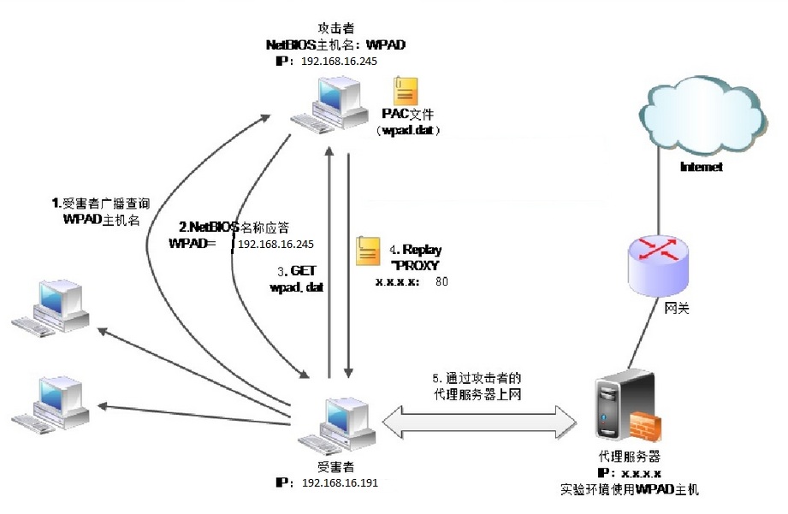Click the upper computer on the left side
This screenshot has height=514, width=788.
50,307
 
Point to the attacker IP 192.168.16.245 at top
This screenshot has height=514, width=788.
340,62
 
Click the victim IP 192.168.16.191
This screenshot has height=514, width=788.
341,483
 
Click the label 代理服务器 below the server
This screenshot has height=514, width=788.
629,457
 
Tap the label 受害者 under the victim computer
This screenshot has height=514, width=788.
335,467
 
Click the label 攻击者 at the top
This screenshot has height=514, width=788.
335,28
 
